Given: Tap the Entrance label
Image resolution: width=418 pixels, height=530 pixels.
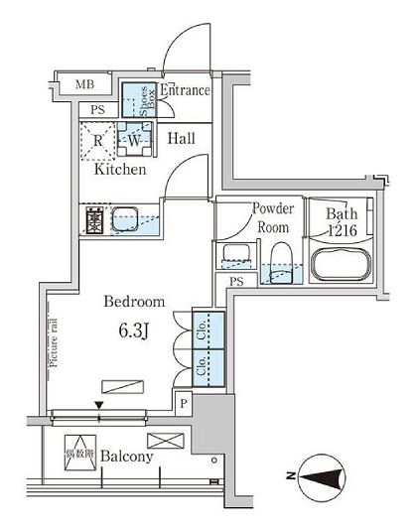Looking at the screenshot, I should pos(184,91).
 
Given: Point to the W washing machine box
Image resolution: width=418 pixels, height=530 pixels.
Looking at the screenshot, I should pos(134,140).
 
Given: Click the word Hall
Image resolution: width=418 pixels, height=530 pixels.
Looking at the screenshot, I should pos(180,139).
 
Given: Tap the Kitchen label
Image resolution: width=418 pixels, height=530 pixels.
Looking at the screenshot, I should pos(120,170).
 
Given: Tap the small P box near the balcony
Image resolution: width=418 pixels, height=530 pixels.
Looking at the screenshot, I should pos(184,402).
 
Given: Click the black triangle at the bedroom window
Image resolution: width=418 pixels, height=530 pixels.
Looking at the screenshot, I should pos(98,404).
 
